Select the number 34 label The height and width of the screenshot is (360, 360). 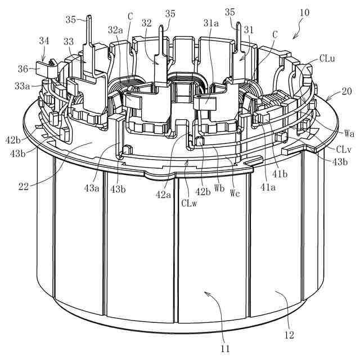pyautogui.click(x=44, y=40)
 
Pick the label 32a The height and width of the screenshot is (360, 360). pyautogui.click(x=115, y=29)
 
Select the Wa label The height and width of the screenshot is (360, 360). pyautogui.click(x=349, y=133)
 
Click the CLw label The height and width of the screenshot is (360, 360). pyautogui.click(x=189, y=203)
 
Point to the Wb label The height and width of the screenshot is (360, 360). pyautogui.click(x=219, y=188)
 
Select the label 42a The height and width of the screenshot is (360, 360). pyautogui.click(x=164, y=195)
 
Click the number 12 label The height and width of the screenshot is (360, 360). pyautogui.click(x=289, y=336)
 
